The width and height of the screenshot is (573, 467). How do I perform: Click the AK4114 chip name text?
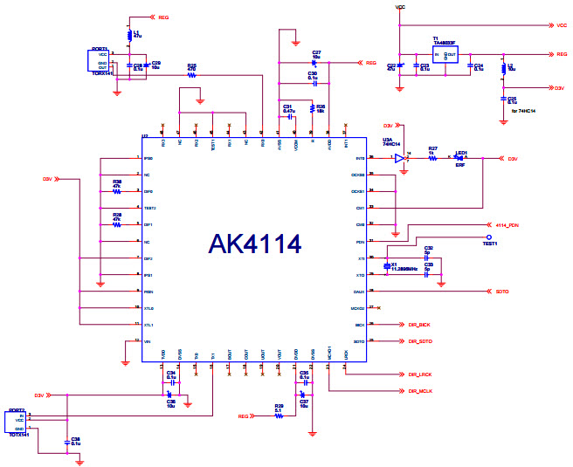click(254, 244)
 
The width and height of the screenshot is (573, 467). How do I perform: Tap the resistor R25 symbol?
click(191, 75)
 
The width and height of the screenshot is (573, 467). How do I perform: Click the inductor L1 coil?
click(129, 36)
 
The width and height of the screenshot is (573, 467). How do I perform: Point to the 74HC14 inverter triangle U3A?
click(398, 158)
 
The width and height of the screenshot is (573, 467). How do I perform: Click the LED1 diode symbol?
click(459, 158)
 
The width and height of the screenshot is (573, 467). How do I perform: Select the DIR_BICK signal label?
click(418, 325)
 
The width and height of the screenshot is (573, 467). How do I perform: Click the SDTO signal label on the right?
click(501, 292)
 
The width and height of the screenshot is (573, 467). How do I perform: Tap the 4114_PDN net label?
click(507, 224)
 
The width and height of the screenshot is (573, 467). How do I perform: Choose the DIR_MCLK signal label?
click(420, 390)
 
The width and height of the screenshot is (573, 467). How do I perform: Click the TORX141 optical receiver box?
click(99, 60)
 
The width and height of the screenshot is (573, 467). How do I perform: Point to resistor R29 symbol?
click(279, 416)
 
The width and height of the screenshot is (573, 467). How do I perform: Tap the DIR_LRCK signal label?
click(420, 374)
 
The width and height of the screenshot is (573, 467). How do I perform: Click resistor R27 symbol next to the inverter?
click(431, 158)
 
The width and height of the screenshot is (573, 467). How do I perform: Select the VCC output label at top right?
click(562, 25)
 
